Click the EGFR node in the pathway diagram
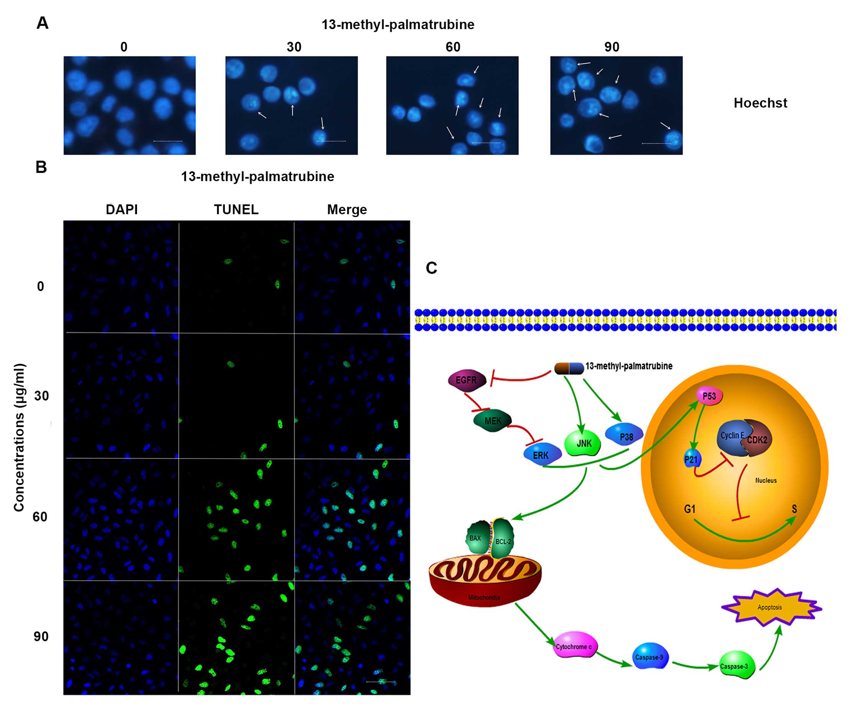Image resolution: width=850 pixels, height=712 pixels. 467,380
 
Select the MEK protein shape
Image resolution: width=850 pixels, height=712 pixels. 493,421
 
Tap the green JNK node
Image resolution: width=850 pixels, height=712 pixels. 583,443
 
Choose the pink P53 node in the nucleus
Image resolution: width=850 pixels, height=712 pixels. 709,396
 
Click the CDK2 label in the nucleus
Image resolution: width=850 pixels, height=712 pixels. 757,440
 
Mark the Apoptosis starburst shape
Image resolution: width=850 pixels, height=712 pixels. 770,607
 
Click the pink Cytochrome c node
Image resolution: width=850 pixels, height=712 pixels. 574,647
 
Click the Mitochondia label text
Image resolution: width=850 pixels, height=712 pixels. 484,597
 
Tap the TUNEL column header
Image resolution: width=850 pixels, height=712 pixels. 236,210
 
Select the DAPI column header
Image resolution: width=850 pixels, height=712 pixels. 122,210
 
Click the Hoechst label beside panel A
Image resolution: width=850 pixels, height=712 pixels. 760,103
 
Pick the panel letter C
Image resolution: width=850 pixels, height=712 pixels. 432,268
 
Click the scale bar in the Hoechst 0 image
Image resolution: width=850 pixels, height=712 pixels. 168,141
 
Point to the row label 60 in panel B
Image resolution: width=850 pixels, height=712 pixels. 40,517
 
